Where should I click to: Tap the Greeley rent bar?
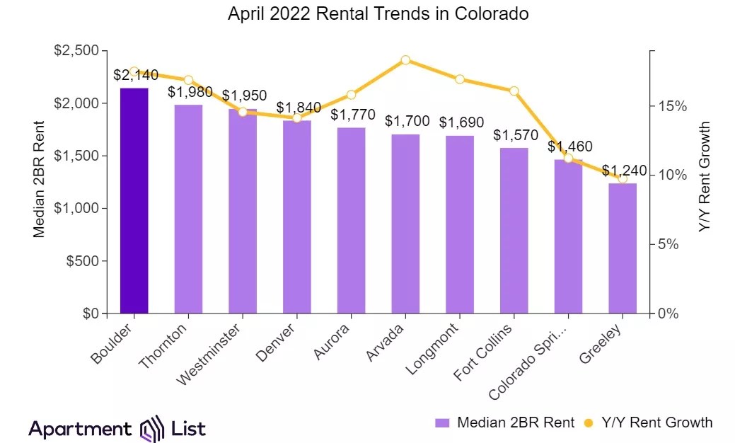623,248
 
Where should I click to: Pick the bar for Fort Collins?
514,230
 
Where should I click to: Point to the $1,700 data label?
407,121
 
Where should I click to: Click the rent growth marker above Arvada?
405,60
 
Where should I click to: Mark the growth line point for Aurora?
352,95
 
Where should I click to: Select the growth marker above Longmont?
460,79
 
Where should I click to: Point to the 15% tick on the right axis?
672,106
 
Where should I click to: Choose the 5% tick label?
676,244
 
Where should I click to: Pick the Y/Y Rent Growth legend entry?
648,423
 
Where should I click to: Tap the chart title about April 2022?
378,14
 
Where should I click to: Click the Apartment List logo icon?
154,428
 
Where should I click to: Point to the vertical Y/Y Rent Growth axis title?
704,177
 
